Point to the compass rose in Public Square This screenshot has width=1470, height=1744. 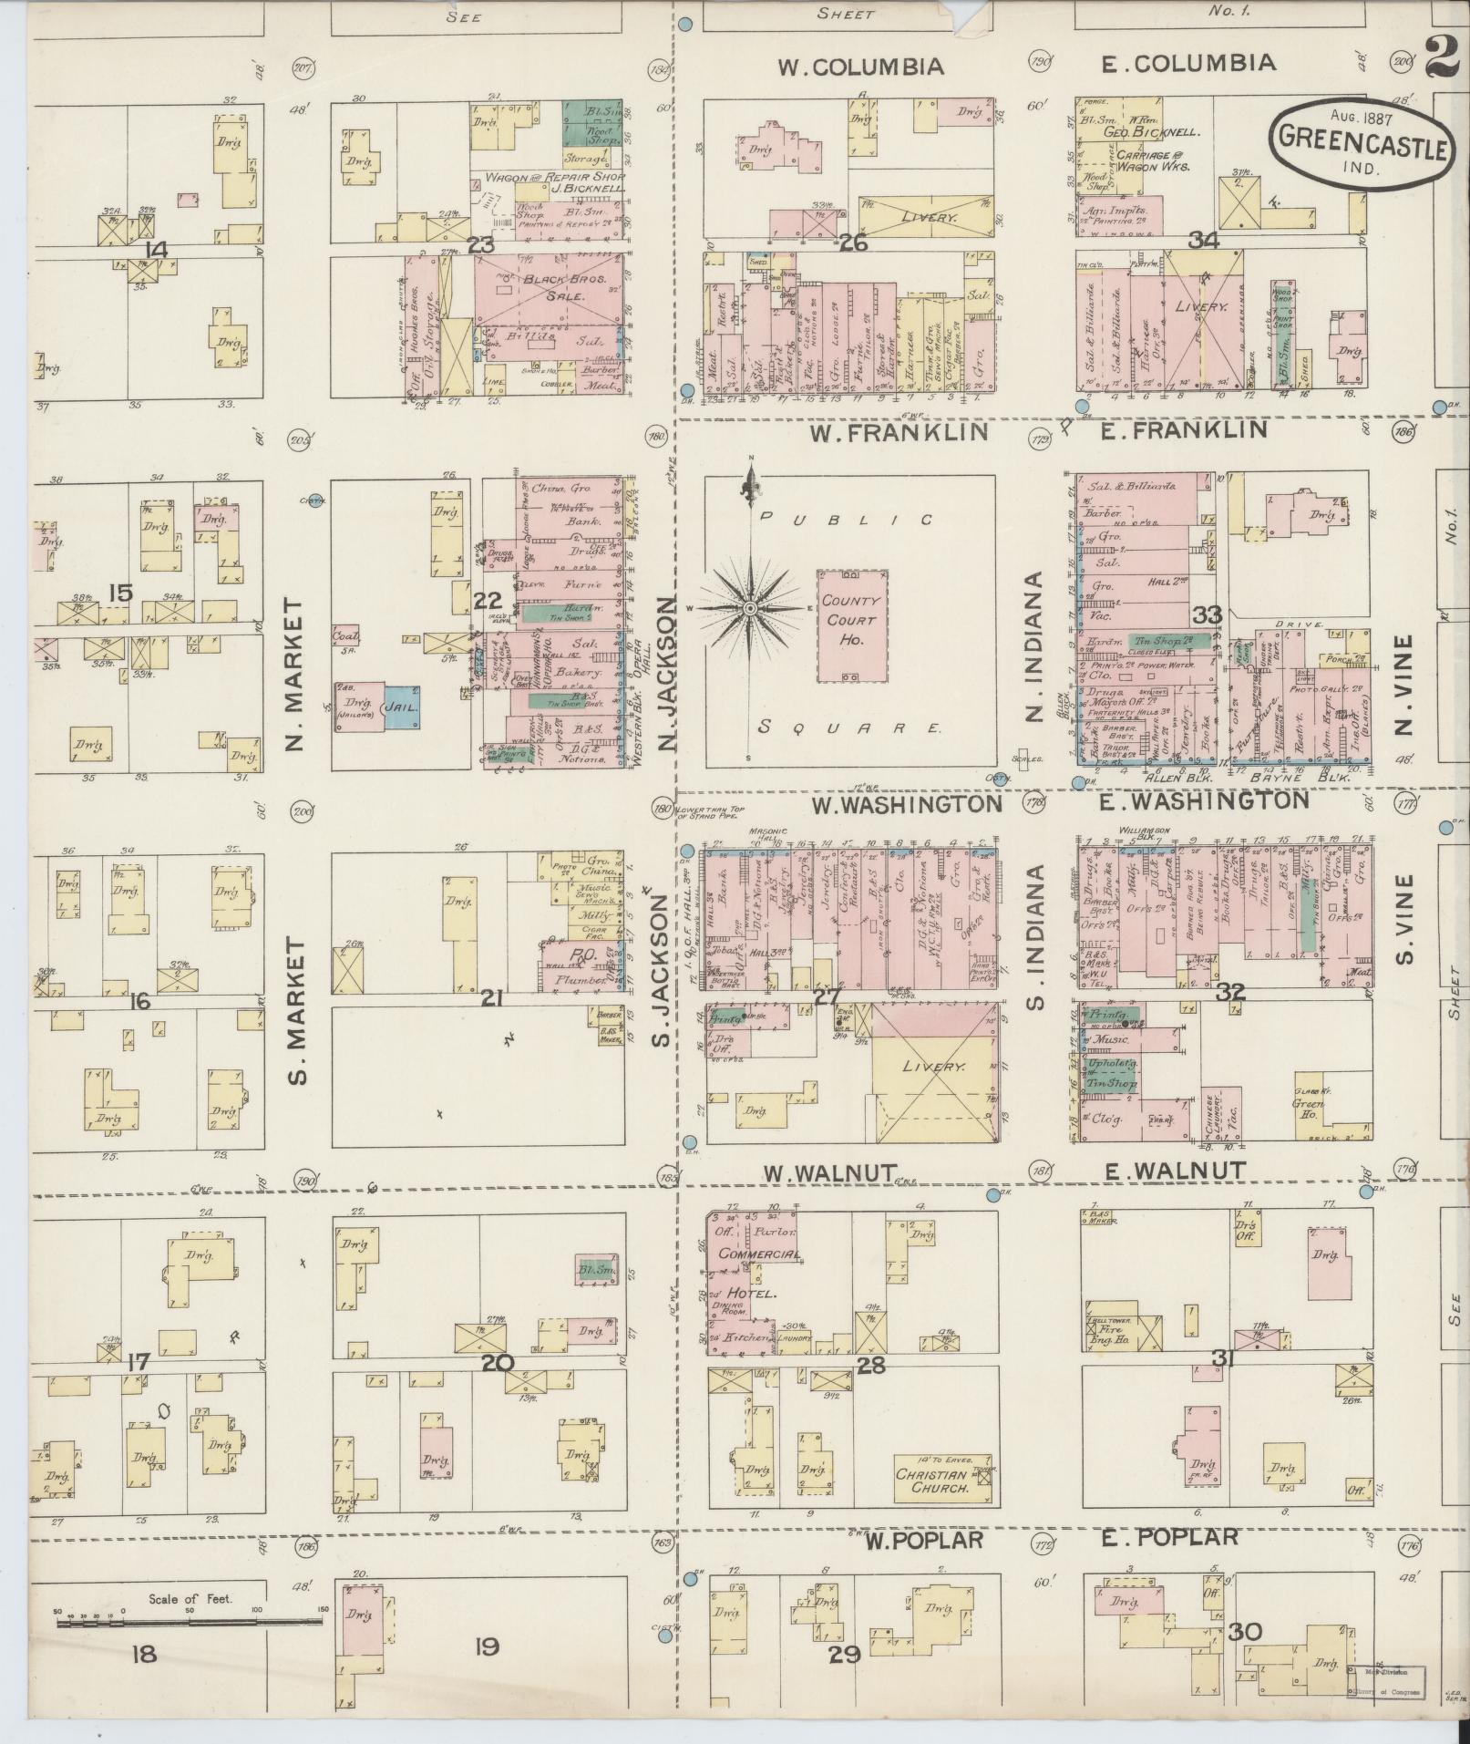click(749, 608)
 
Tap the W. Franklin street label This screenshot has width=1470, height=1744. click(899, 431)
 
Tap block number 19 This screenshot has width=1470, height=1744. click(488, 1646)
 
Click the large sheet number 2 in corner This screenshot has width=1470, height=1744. click(1441, 57)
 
